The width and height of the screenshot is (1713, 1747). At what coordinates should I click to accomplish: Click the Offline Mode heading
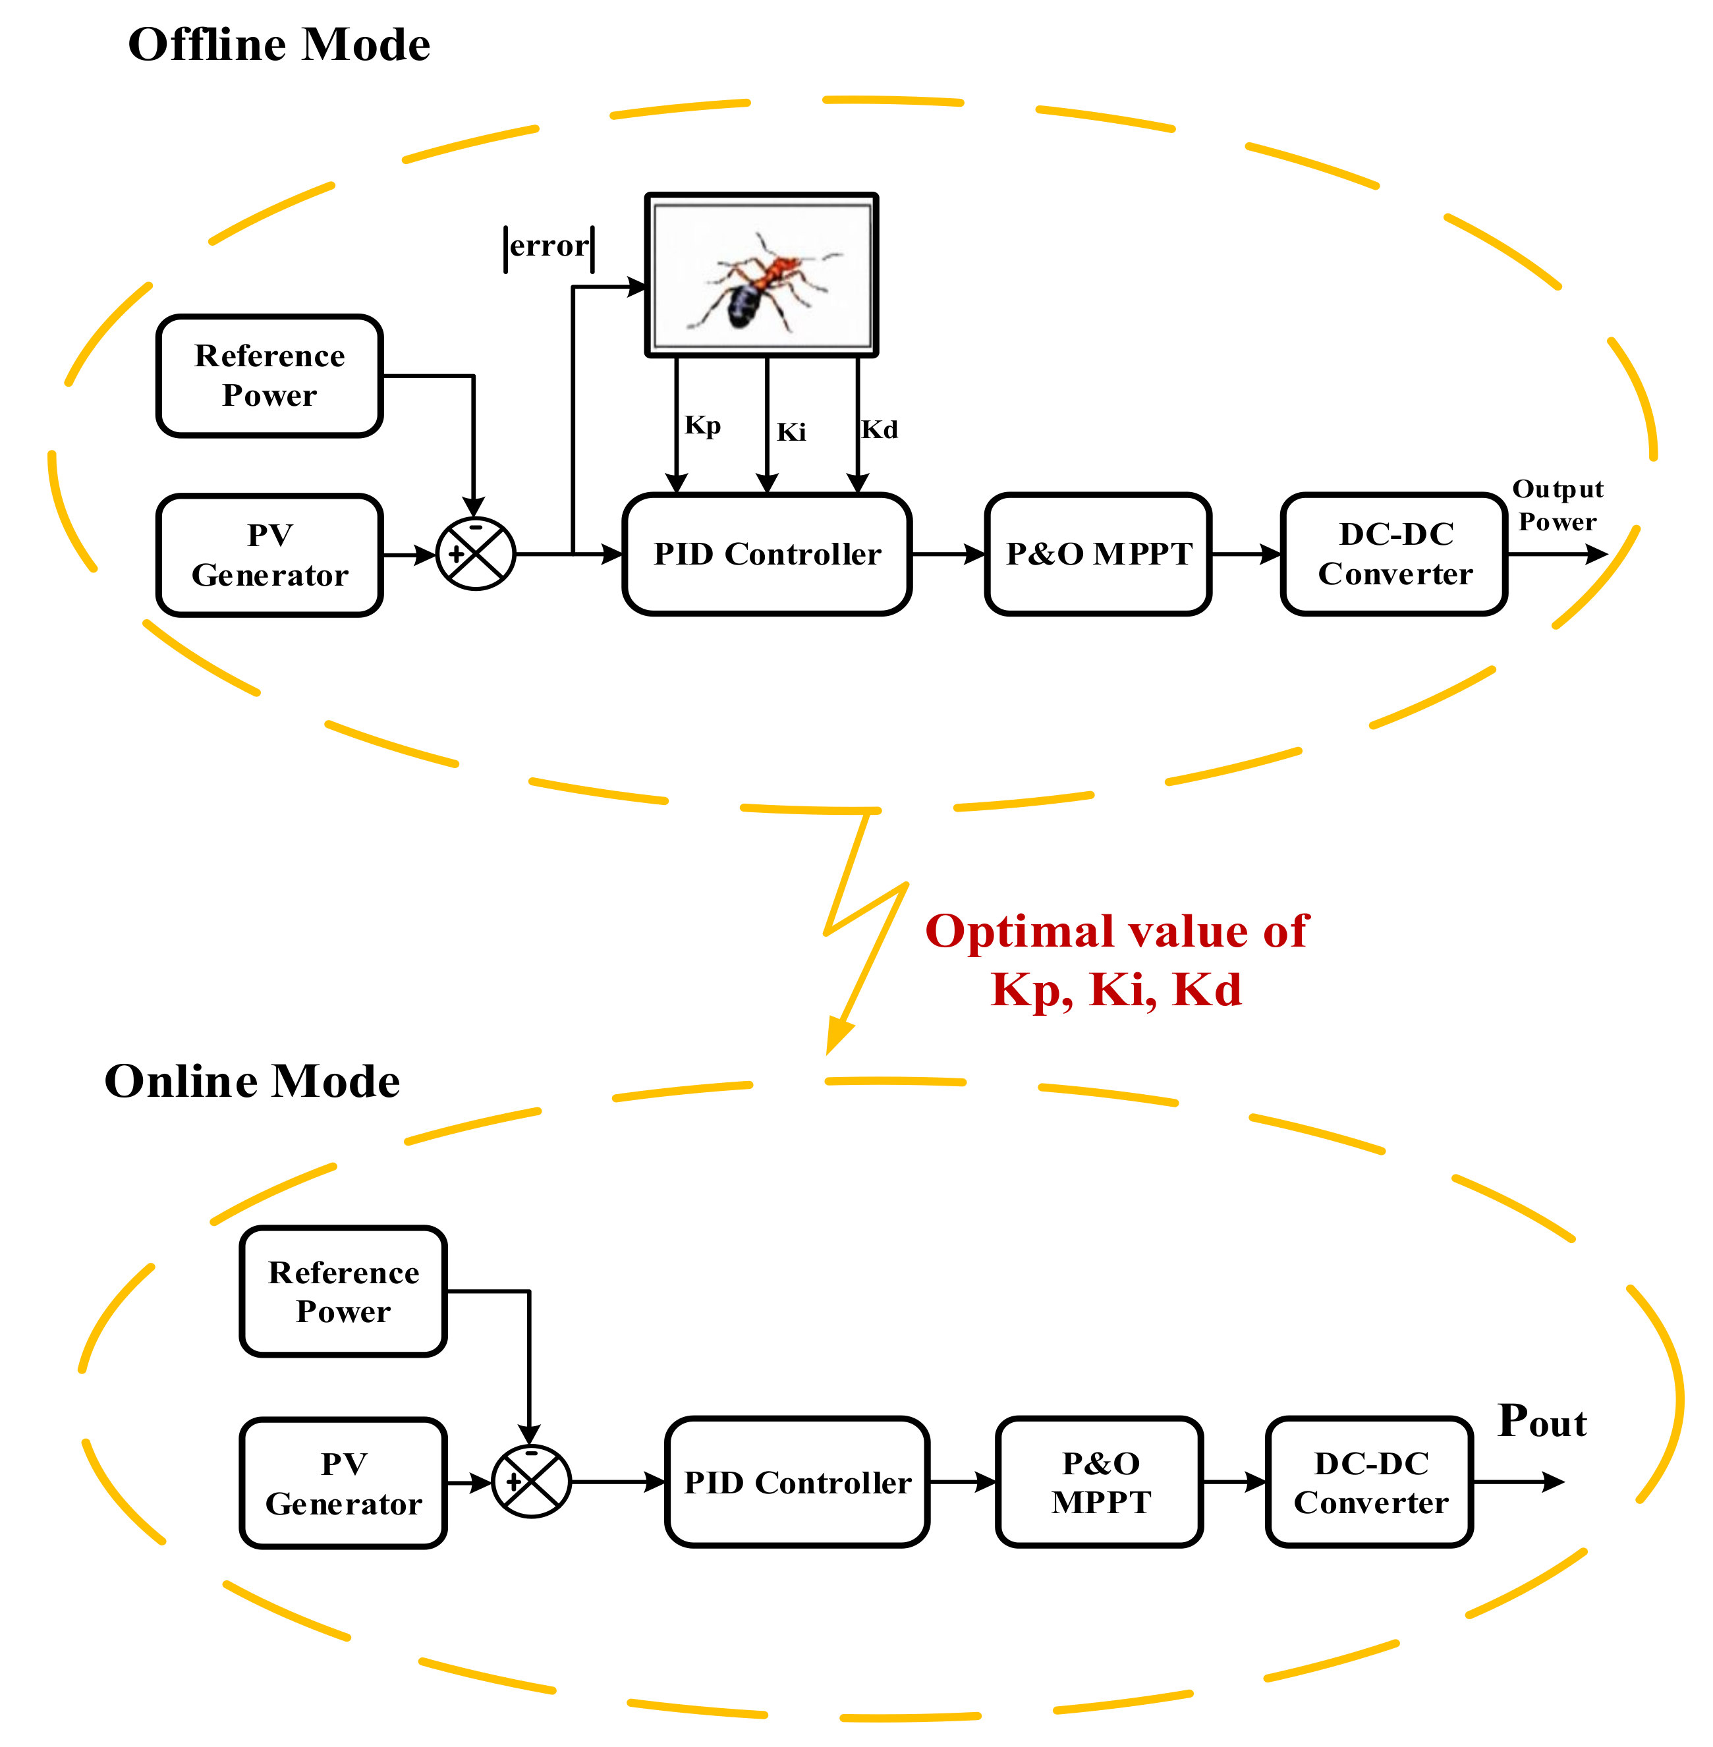pyautogui.click(x=279, y=45)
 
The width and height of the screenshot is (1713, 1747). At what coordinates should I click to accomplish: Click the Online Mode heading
pyautogui.click(x=252, y=1080)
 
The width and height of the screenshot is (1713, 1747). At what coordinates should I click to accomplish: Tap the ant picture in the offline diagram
pyautogui.click(x=761, y=275)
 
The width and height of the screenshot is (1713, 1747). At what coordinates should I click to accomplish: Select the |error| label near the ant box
pyautogui.click(x=549, y=246)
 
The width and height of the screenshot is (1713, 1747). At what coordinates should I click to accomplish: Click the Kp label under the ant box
pyautogui.click(x=702, y=425)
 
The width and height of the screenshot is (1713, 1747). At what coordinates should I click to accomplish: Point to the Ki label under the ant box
pyautogui.click(x=791, y=431)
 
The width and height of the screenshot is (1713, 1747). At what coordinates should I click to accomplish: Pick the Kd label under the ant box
pyautogui.click(x=879, y=429)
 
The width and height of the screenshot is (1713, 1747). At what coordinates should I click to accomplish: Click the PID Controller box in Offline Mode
pyautogui.click(x=766, y=554)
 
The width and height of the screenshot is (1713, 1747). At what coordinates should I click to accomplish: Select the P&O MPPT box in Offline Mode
pyautogui.click(x=1098, y=554)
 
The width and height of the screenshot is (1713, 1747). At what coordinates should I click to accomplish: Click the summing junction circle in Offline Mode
pyautogui.click(x=475, y=554)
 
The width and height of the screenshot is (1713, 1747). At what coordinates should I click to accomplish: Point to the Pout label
pyautogui.click(x=1541, y=1422)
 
